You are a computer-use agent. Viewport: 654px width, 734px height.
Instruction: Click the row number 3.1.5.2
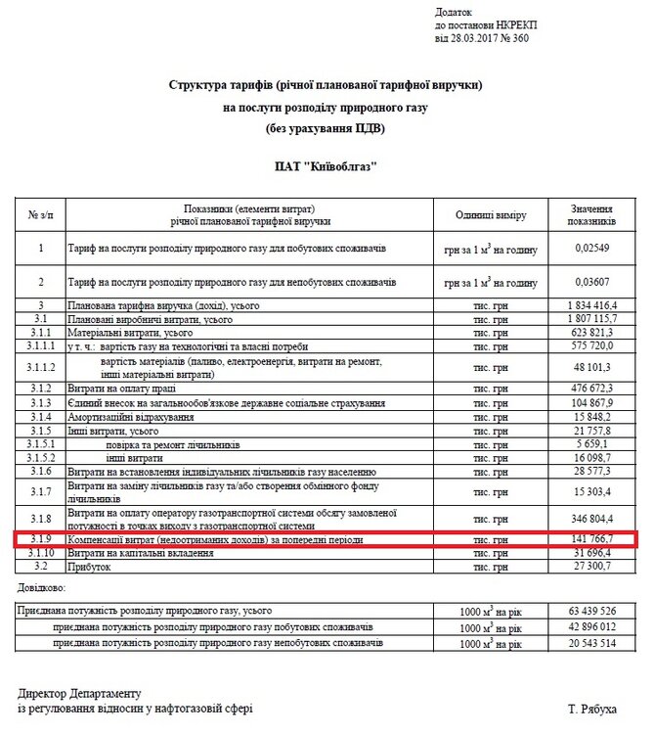[41, 458]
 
